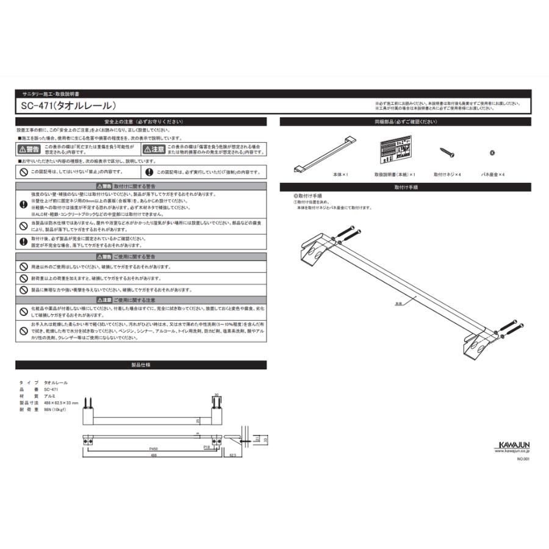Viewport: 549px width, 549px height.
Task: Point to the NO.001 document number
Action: click(524, 459)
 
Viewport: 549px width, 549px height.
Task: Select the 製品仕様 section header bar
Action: click(141, 365)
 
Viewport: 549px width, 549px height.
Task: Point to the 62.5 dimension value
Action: click(234, 455)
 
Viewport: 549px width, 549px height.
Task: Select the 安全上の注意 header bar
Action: click(141, 121)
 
